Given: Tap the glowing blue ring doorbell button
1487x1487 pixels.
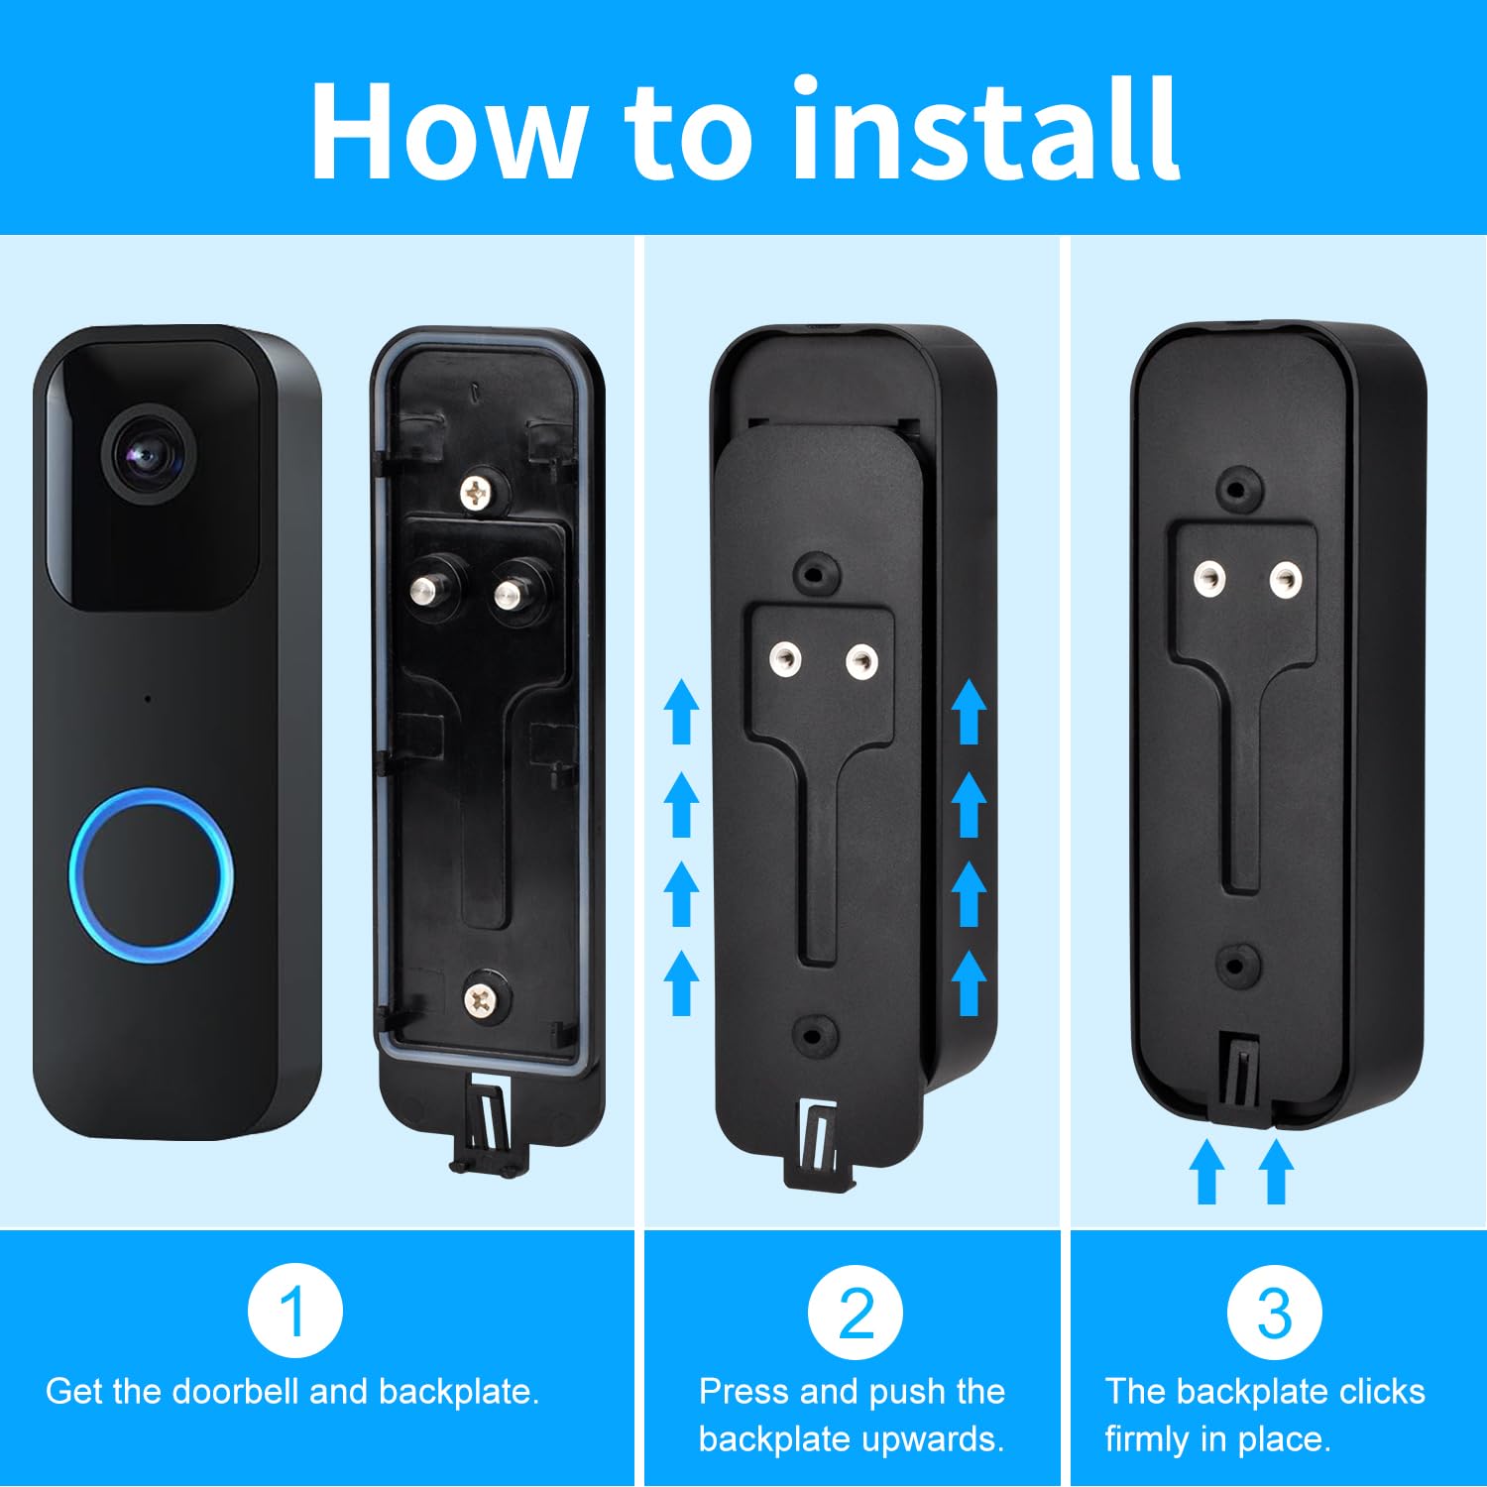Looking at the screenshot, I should (x=151, y=874).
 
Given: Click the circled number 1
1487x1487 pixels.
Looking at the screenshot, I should (x=294, y=1312).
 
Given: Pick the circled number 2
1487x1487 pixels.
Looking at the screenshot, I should (x=855, y=1312).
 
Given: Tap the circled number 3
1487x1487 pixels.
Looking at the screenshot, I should (x=1274, y=1312).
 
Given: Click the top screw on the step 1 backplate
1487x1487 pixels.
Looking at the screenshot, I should (x=479, y=490).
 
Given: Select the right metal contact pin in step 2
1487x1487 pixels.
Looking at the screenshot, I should (x=860, y=660).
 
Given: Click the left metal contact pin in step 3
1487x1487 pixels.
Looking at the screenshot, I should (x=1208, y=578).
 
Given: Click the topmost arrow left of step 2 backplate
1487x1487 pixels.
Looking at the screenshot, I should (x=681, y=711).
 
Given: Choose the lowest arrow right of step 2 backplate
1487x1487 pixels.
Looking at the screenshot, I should (x=969, y=982).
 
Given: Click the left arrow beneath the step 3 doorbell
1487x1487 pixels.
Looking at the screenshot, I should (x=1206, y=1172).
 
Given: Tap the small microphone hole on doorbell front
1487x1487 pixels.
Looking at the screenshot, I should (x=148, y=699).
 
